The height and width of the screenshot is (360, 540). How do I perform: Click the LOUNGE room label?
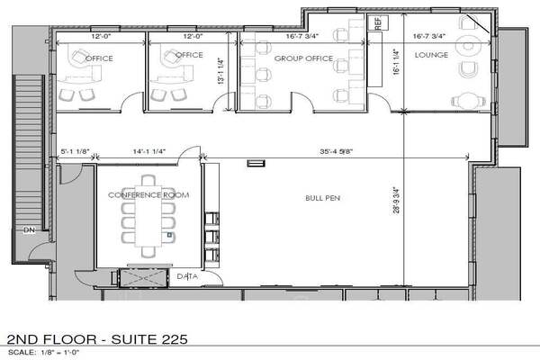[x=431, y=55]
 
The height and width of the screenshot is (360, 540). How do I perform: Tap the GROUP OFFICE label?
[x=303, y=58]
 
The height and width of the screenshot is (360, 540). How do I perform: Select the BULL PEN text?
[x=323, y=198]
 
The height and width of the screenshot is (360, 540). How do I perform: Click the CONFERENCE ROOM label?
[x=148, y=195]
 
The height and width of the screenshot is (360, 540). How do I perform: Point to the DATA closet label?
[x=187, y=276]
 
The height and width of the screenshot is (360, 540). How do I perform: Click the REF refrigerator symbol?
[x=378, y=22]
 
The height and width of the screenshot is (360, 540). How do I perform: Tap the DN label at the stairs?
[x=30, y=229]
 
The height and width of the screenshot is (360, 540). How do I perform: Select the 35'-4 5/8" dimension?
[x=336, y=151]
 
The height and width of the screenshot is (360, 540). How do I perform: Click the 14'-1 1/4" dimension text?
[x=149, y=151]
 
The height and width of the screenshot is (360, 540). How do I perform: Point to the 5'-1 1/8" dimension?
[x=75, y=151]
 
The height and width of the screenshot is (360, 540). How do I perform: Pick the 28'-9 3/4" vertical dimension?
[x=396, y=200]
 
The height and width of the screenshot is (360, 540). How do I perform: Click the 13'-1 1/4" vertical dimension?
[x=221, y=71]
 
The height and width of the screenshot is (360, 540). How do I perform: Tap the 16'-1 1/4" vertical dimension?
[x=396, y=62]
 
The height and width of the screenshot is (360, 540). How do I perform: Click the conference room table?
[x=148, y=216]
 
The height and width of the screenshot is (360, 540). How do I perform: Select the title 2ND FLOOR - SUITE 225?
[x=97, y=339]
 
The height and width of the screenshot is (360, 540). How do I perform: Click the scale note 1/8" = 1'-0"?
[x=60, y=353]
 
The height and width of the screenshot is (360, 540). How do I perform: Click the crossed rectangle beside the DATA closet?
[x=144, y=278]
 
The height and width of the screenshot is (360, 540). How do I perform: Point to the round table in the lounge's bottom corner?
[x=469, y=100]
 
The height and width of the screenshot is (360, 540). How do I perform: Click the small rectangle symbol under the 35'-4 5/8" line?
[x=256, y=163]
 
